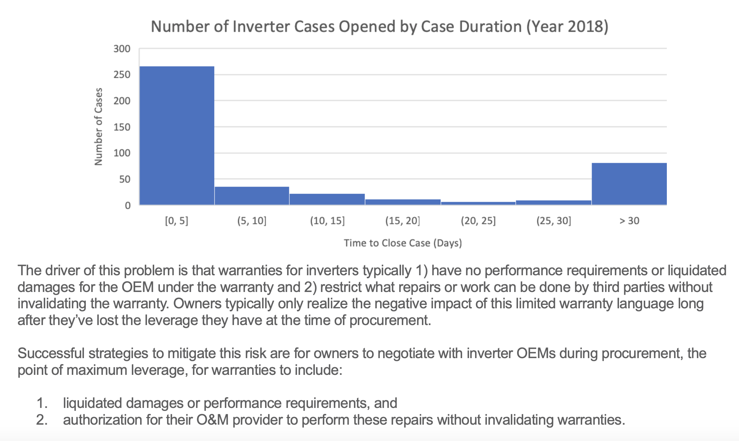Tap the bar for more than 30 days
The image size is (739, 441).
pyautogui.click(x=629, y=184)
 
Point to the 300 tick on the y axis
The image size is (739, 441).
pyautogui.click(x=122, y=49)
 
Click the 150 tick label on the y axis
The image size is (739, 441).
pyautogui.click(x=122, y=127)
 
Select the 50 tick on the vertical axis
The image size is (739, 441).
pyautogui.click(x=124, y=179)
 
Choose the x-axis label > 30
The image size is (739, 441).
pyautogui.click(x=629, y=221)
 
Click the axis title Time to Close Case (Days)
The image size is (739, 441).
pyautogui.click(x=403, y=243)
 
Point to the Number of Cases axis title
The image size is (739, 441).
pyautogui.click(x=98, y=127)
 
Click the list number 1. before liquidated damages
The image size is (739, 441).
pyautogui.click(x=42, y=403)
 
